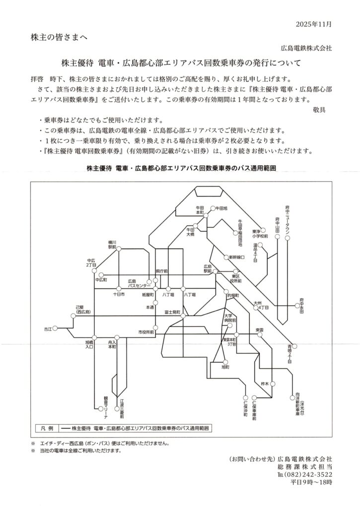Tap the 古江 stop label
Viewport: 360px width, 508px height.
point(47,328)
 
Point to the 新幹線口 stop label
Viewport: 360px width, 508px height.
point(236,257)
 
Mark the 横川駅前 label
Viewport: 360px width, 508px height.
point(112,244)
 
